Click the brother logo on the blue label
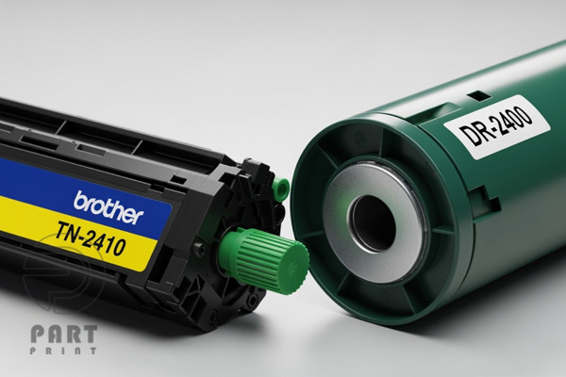(x=108, y=207)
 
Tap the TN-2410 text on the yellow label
(x=91, y=238)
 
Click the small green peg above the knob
(x=281, y=188)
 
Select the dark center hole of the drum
(x=373, y=223)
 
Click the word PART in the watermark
(x=64, y=334)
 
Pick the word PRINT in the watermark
(x=63, y=351)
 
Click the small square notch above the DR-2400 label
(x=478, y=96)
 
